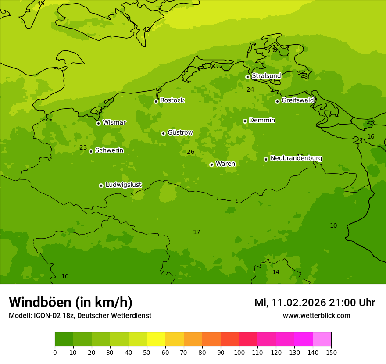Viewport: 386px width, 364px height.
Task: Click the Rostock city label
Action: click(172, 100)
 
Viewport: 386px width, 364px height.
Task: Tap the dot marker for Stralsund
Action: click(247, 77)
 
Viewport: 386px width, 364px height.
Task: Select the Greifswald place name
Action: click(297, 100)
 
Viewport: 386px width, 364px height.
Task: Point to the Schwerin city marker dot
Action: click(91, 151)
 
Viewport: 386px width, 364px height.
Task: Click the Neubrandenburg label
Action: click(296, 158)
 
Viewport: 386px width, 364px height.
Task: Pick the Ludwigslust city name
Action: click(123, 185)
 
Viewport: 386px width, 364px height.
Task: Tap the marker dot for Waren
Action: click(211, 164)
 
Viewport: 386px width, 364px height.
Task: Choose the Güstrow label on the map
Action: click(180, 132)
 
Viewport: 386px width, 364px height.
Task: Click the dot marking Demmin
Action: click(245, 121)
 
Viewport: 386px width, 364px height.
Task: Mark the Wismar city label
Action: click(114, 123)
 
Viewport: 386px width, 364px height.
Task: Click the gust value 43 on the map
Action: click(147, 29)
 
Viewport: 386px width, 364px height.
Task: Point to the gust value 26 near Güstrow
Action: click(190, 152)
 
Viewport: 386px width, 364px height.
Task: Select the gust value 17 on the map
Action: click(197, 232)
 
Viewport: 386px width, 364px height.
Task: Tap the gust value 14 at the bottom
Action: click(276, 272)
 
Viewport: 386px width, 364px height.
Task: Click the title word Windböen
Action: click(40, 302)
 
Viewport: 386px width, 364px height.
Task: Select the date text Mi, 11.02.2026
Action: click(290, 303)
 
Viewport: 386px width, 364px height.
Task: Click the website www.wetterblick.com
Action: click(316, 315)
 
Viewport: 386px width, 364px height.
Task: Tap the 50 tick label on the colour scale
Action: click(147, 352)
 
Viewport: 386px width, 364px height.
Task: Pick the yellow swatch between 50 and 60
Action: click(156, 339)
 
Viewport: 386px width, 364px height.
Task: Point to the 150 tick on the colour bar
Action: click(331, 352)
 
